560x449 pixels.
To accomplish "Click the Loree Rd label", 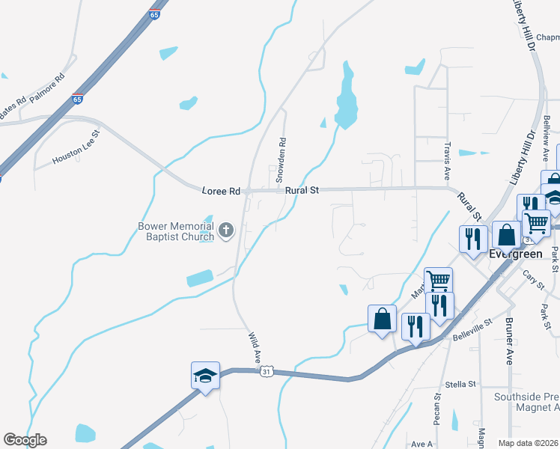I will pyautogui.click(x=221, y=192).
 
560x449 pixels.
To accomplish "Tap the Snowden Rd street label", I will pyautogui.click(x=281, y=159).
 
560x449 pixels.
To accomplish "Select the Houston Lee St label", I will pyautogui.click(x=76, y=150).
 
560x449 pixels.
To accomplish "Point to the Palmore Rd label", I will pyautogui.click(x=49, y=85).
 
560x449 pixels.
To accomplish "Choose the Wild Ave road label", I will pyautogui.click(x=253, y=346).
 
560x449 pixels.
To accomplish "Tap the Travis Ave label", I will pyautogui.click(x=447, y=161).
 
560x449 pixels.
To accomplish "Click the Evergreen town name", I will pyautogui.click(x=515, y=254).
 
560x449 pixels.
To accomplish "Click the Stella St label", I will pyautogui.click(x=460, y=384).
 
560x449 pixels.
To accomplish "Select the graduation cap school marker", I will pyautogui.click(x=205, y=376).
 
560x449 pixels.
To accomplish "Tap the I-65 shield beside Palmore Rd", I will pyautogui.click(x=78, y=99).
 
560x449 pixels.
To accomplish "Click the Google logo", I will pyautogui.click(x=25, y=440).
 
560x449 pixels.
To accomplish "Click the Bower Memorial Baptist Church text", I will pyautogui.click(x=176, y=231).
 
